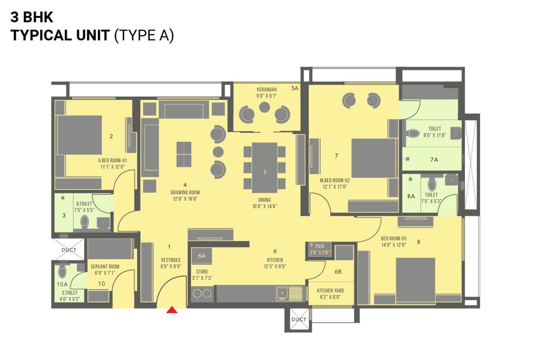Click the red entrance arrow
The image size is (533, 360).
click(x=172, y=310)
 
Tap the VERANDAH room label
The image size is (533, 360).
click(x=266, y=89)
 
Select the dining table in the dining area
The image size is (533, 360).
click(x=265, y=167)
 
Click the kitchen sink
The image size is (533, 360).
click(x=282, y=293)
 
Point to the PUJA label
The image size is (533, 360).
click(x=320, y=246)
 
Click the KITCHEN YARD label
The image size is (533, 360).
click(x=330, y=291)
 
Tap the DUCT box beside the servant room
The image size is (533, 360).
click(x=69, y=250)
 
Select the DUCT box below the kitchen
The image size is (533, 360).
click(x=298, y=319)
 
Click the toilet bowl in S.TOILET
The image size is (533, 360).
click(x=62, y=272)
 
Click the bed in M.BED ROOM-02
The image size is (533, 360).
click(x=374, y=158)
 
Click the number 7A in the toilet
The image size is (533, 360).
click(x=434, y=160)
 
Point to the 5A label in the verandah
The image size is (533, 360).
click(x=295, y=88)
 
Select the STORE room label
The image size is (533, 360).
click(x=202, y=272)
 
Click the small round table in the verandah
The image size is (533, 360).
click(x=264, y=107)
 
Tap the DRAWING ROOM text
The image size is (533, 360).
click(x=185, y=193)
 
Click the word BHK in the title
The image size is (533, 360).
click(x=38, y=17)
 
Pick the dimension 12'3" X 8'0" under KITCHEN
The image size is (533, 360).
click(x=275, y=266)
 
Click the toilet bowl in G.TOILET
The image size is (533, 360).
click(x=85, y=221)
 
